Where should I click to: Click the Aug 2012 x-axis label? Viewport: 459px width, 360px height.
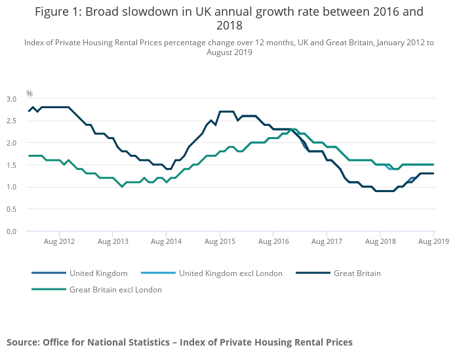coord(59,242)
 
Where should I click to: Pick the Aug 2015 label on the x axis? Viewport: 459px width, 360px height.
coord(220,242)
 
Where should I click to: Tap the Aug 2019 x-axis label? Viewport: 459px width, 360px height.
coord(434,242)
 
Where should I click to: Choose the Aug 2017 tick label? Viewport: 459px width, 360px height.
coord(327,242)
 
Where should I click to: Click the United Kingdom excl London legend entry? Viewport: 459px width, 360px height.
coord(230,273)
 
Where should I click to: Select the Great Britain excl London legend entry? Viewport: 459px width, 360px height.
coord(115,289)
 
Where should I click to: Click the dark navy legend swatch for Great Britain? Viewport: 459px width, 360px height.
coord(313,273)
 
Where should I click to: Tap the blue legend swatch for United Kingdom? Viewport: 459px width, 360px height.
coord(49,273)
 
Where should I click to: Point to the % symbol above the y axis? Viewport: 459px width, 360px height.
coord(30,93)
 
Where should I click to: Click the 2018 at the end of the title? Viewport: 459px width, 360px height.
coord(229,26)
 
